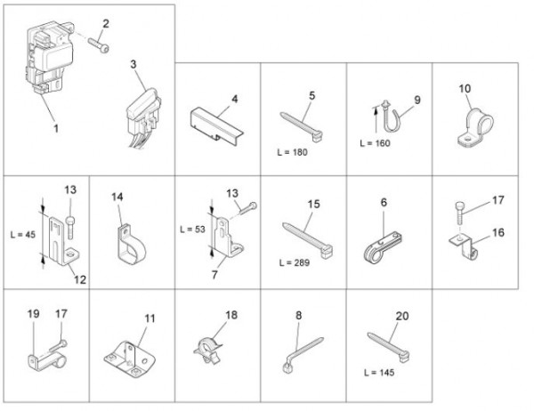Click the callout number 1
click(x=56, y=128)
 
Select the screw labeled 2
click(x=99, y=45)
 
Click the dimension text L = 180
click(x=292, y=152)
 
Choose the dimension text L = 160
click(x=375, y=143)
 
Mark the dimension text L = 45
click(x=23, y=235)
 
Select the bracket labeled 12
click(x=64, y=241)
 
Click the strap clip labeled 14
click(x=132, y=244)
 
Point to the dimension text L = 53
click(x=192, y=230)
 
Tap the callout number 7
click(x=214, y=275)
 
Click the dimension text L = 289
click(x=295, y=262)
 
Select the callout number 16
click(x=498, y=232)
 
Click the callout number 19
click(x=34, y=314)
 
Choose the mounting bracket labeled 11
click(x=129, y=359)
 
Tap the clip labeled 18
click(x=208, y=350)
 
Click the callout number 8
click(x=299, y=315)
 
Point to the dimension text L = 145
click(x=379, y=373)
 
